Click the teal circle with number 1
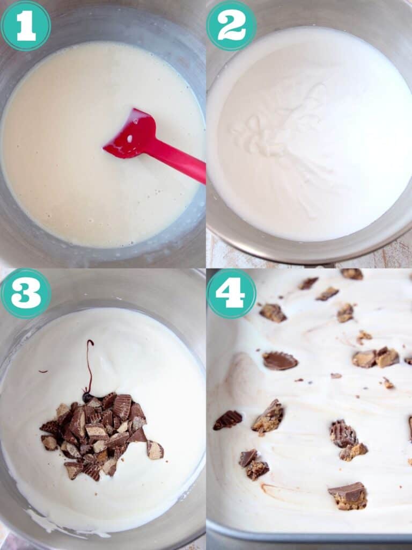(25, 25)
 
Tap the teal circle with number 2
(231, 25)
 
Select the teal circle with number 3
(25, 294)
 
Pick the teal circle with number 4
(231, 294)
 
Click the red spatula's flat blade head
(131, 134)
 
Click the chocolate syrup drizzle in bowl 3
(90, 365)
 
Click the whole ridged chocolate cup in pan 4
(279, 360)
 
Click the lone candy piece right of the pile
(155, 450)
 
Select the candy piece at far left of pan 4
(227, 419)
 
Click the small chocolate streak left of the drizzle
(42, 371)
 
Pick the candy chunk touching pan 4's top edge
(352, 273)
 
